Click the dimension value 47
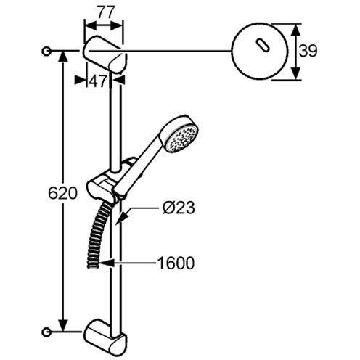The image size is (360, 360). click(99, 81)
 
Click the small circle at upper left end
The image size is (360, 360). click(48, 51)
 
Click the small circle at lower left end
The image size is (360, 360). click(48, 332)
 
